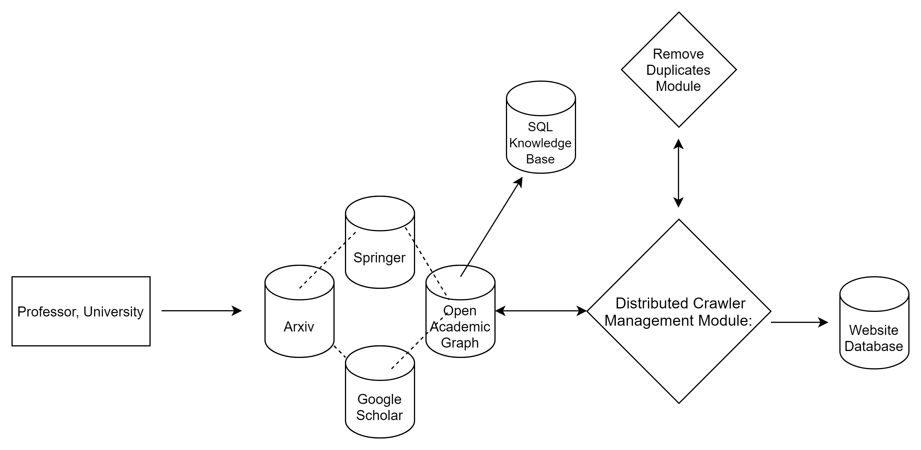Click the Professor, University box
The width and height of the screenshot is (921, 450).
click(x=81, y=311)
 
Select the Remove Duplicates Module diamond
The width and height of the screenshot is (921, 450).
click(x=679, y=70)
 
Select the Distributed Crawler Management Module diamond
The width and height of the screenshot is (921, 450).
click(x=679, y=311)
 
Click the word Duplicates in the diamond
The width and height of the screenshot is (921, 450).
click(x=678, y=70)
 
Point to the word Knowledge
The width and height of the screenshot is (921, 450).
click(x=540, y=143)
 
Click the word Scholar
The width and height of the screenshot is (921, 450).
click(x=379, y=415)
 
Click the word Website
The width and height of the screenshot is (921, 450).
click(x=874, y=330)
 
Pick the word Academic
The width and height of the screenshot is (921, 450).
click(x=460, y=327)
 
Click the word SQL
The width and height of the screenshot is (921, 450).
click(x=540, y=127)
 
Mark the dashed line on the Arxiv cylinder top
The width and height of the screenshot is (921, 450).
click(x=308, y=280)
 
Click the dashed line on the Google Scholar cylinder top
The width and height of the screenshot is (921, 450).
click(x=399, y=361)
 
